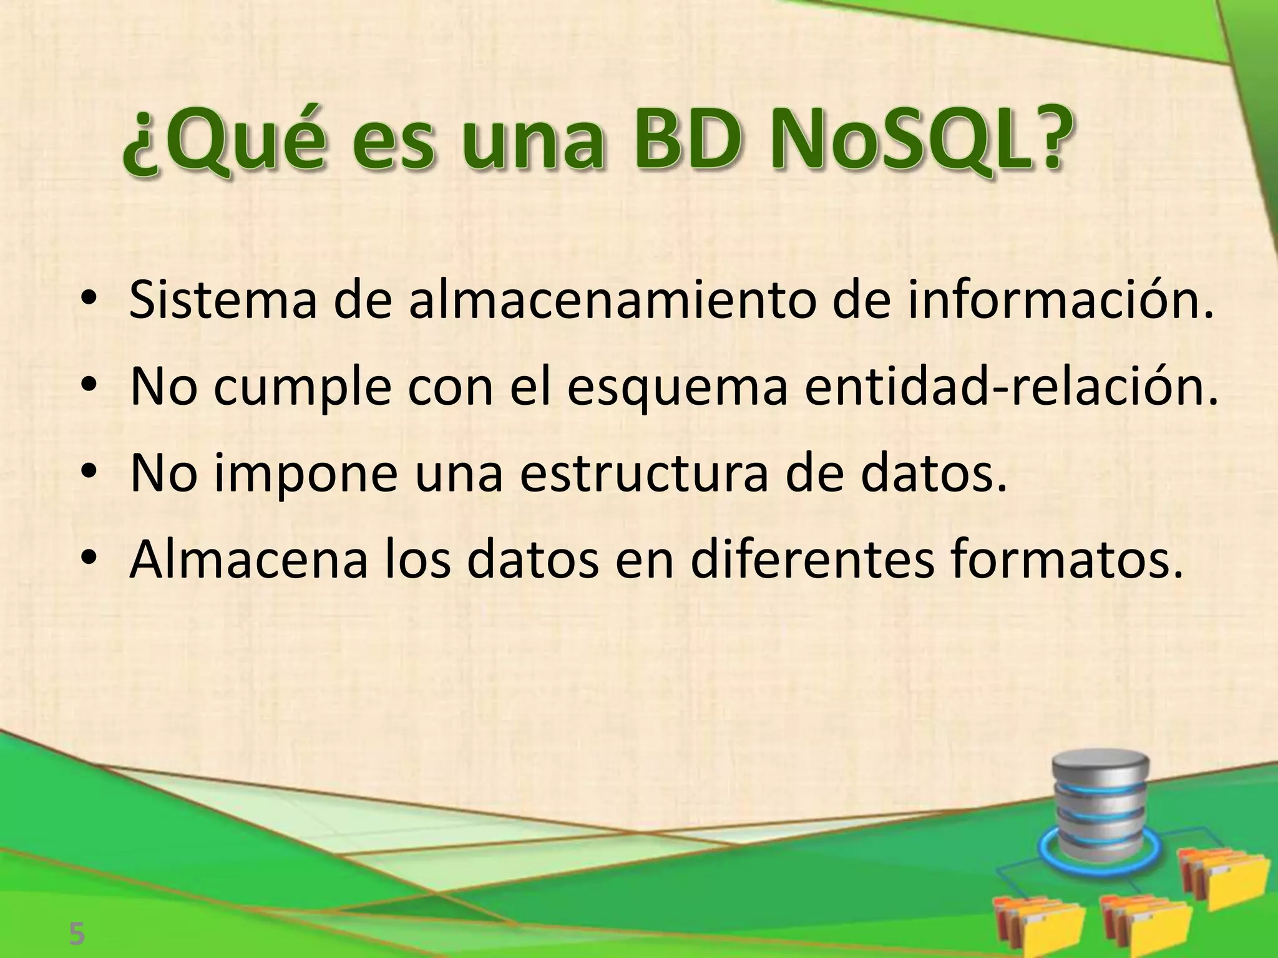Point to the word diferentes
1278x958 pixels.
coord(812,559)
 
